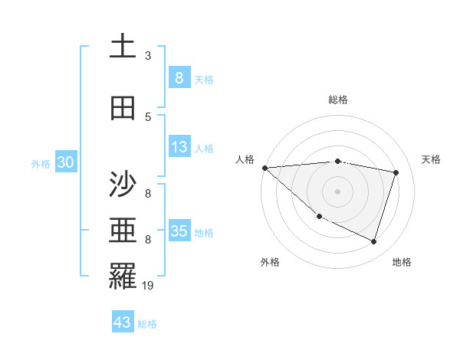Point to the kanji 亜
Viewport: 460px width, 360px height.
pos(123,231)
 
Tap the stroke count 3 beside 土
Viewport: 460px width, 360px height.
pos(148,56)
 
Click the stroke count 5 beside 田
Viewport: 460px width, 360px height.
pos(148,117)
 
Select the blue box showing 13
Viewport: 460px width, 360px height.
pos(179,148)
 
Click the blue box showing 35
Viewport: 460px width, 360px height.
pos(179,231)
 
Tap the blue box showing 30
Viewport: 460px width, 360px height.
pos(66,162)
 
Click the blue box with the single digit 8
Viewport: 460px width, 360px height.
pos(179,78)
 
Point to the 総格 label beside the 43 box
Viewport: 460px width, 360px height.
pos(147,324)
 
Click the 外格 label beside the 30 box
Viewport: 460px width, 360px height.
pos(41,164)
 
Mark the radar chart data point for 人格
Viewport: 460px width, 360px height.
pos(264,168)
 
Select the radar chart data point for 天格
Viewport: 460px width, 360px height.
pos(396,172)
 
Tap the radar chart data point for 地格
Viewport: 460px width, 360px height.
pos(373,242)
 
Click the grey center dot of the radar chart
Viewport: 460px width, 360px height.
pos(338,191)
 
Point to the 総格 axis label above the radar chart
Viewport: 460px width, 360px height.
pos(338,100)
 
